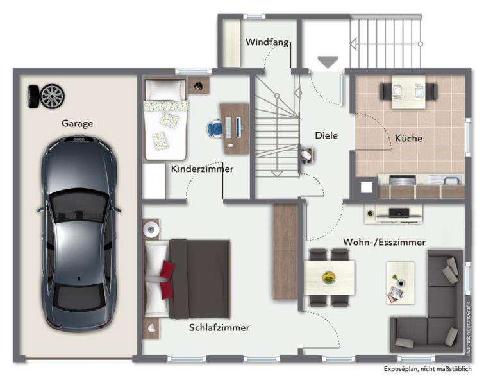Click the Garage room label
click(77, 123)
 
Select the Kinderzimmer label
click(202, 169)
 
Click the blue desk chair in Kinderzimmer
click(215, 128)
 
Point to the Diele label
click(326, 135)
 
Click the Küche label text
click(408, 137)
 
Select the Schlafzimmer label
click(219, 328)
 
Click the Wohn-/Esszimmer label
click(385, 241)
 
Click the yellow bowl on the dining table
click(330, 277)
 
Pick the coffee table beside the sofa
click(401, 283)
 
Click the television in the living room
click(394, 212)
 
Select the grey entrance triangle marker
click(328, 62)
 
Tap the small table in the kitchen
click(405, 89)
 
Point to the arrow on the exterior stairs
click(353, 43)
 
